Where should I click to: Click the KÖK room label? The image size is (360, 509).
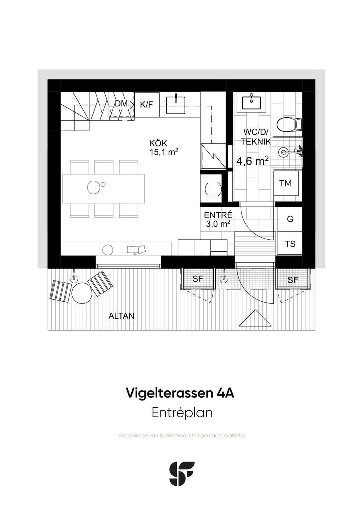(158, 143)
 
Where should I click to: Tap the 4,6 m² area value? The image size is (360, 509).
(252, 161)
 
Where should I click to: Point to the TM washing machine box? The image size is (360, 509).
(286, 183)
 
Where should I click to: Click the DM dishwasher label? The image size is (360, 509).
(121, 104)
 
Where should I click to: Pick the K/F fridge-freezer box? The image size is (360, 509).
(147, 104)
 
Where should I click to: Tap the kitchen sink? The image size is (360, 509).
(176, 105)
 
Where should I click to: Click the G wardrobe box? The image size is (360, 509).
(290, 219)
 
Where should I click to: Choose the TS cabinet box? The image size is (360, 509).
(290, 244)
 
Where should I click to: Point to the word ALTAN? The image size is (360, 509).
(121, 316)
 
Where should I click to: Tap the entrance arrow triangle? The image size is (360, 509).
(255, 318)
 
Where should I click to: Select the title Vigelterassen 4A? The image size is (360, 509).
(180, 393)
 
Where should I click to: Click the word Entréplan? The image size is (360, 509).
(182, 413)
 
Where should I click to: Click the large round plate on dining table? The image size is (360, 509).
(93, 187)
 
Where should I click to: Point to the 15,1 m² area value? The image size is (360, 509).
(164, 151)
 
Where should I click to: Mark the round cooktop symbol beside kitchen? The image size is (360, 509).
(213, 188)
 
